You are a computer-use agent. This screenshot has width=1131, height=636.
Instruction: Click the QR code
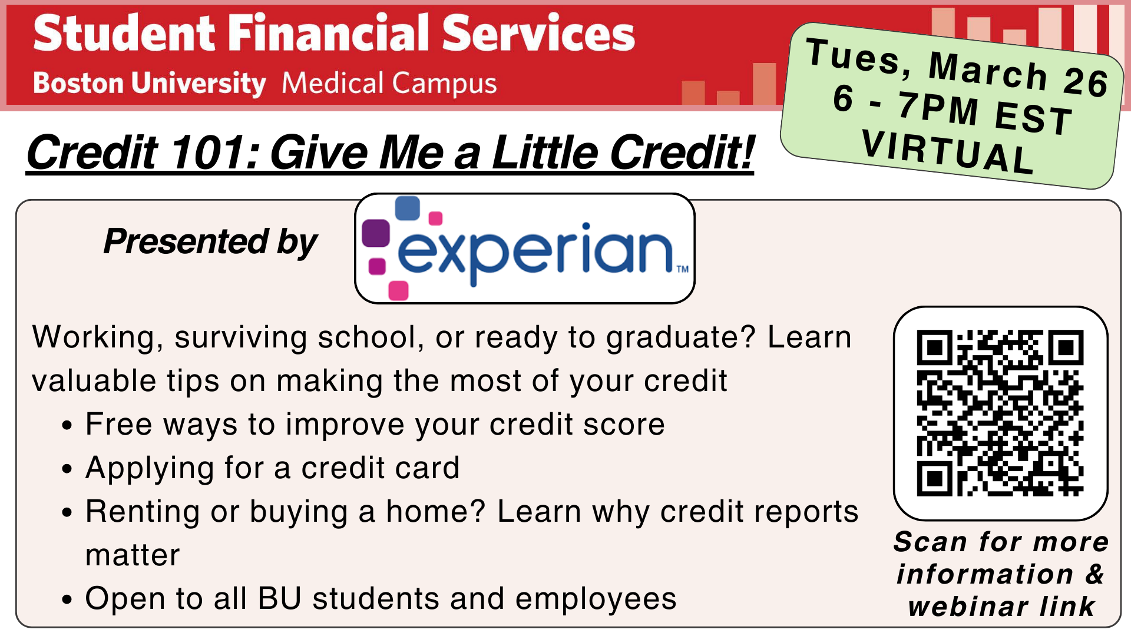click(1000, 413)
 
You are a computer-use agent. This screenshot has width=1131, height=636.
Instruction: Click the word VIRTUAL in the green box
click(947, 152)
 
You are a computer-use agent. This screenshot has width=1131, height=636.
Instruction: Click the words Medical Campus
click(389, 83)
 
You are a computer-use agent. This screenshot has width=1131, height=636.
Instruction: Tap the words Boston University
click(150, 83)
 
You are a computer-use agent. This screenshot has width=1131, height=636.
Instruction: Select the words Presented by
click(210, 241)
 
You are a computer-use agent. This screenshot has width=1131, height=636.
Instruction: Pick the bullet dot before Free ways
click(67, 426)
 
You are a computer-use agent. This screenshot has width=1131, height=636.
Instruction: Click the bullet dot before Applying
click(67, 469)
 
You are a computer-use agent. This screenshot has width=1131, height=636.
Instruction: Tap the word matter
click(133, 555)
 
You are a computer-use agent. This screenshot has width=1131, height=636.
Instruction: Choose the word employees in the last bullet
click(596, 599)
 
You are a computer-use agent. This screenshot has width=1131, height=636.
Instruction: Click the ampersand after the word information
click(1094, 574)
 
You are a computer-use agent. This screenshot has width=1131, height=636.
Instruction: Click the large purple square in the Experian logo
click(376, 233)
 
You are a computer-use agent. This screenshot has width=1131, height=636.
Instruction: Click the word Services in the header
click(538, 33)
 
